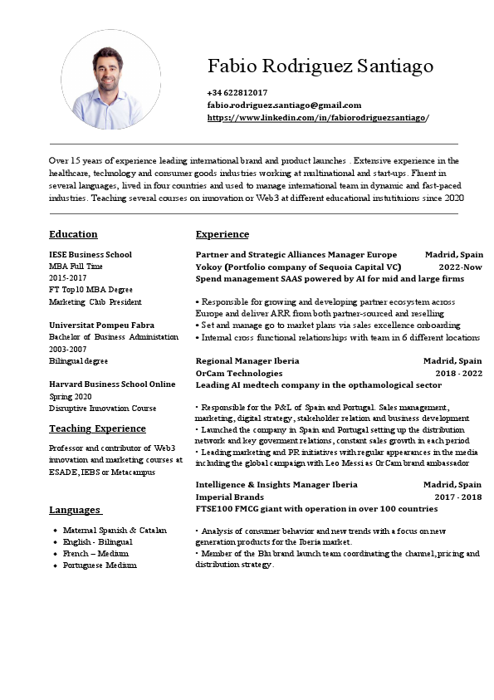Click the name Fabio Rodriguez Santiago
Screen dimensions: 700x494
(320, 66)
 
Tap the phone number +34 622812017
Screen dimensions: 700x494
(237, 92)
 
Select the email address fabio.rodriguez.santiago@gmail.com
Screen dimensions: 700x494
(284, 105)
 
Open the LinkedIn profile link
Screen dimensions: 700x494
(317, 118)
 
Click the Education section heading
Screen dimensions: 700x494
(73, 234)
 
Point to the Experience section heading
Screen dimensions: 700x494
(222, 234)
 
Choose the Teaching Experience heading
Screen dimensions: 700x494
(97, 428)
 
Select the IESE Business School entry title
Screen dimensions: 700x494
(90, 254)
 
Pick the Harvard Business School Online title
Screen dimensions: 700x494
(112, 384)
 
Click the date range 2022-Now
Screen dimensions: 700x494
(460, 267)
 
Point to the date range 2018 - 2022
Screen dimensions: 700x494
(458, 374)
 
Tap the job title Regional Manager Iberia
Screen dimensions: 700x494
(247, 361)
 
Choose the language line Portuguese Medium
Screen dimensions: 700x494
(100, 565)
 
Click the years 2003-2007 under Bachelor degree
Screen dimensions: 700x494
(68, 350)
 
